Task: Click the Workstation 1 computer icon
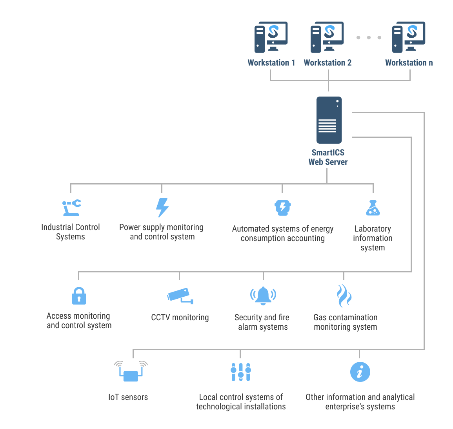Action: pyautogui.click(x=271, y=37)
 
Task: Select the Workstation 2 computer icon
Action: pyautogui.click(x=327, y=37)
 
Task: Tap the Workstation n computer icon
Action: pyautogui.click(x=409, y=37)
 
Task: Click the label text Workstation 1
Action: pyautogui.click(x=271, y=63)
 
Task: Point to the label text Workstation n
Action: pyautogui.click(x=409, y=63)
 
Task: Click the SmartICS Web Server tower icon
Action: pyautogui.click(x=329, y=120)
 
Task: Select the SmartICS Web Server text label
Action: pyautogui.click(x=328, y=157)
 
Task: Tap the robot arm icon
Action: pyautogui.click(x=71, y=208)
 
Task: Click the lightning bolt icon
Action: pyautogui.click(x=162, y=208)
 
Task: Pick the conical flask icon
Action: pyautogui.click(x=373, y=208)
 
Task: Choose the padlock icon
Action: pyautogui.click(x=79, y=296)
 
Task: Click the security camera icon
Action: pyautogui.click(x=180, y=296)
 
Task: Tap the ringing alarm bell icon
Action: pyautogui.click(x=263, y=296)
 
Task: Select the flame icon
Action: pyautogui.click(x=344, y=296)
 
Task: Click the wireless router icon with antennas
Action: pyautogui.click(x=131, y=371)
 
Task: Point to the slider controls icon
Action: pyautogui.click(x=240, y=372)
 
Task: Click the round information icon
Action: pyautogui.click(x=360, y=372)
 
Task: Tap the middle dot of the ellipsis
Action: pyautogui.click(x=369, y=38)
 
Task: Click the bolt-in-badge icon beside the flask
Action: pyautogui.click(x=282, y=208)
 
